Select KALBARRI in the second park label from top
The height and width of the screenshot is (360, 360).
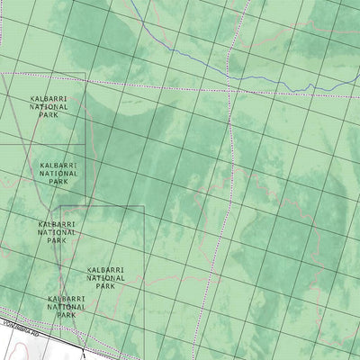click(59, 166)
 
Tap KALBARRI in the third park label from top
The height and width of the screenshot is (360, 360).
click(57, 223)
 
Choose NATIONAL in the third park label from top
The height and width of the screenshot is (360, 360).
click(57, 232)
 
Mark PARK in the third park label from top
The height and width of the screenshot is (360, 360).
click(57, 241)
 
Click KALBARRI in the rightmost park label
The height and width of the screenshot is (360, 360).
click(105, 269)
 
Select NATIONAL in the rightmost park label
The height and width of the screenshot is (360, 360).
click(105, 277)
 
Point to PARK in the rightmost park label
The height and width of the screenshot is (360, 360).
click(105, 286)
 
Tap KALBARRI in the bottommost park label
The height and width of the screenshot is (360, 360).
click(67, 298)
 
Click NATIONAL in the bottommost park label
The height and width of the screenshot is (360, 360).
click(67, 307)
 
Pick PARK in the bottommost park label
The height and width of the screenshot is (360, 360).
click(67, 316)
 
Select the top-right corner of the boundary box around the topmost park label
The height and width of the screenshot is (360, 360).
click(85, 74)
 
